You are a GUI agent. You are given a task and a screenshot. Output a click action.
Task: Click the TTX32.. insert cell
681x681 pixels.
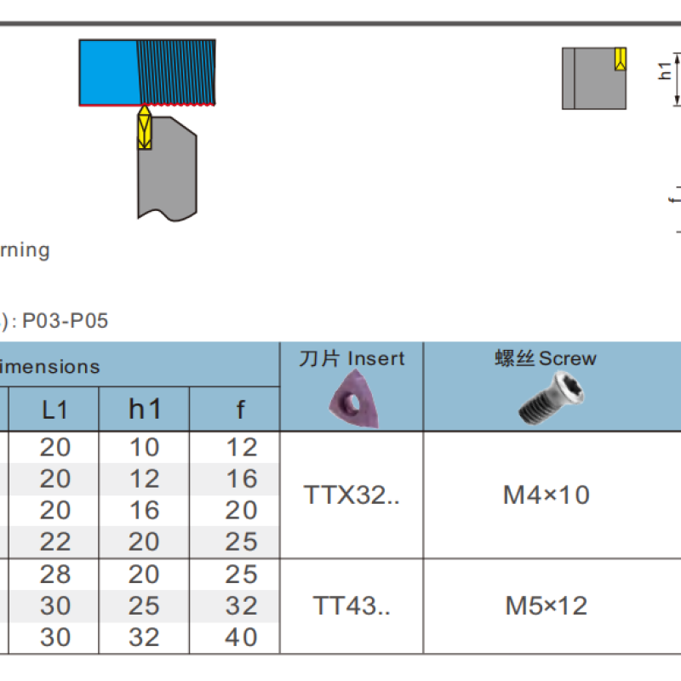(352, 495)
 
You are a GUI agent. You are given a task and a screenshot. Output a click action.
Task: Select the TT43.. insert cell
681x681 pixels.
(352, 605)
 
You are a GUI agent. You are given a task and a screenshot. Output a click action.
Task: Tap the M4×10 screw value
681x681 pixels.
(547, 495)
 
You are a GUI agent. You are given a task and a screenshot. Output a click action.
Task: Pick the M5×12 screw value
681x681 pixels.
(547, 605)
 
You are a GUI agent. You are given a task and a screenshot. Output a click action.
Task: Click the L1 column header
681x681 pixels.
(54, 409)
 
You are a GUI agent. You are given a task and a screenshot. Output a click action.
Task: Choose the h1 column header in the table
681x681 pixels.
(145, 409)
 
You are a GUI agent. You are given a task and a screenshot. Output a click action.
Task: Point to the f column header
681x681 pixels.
(240, 409)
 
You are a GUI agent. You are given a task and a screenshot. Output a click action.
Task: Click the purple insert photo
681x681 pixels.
(353, 398)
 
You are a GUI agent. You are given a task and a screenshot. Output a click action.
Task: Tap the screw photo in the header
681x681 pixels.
(552, 398)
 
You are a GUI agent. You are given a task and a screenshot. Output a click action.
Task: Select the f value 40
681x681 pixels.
(241, 637)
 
